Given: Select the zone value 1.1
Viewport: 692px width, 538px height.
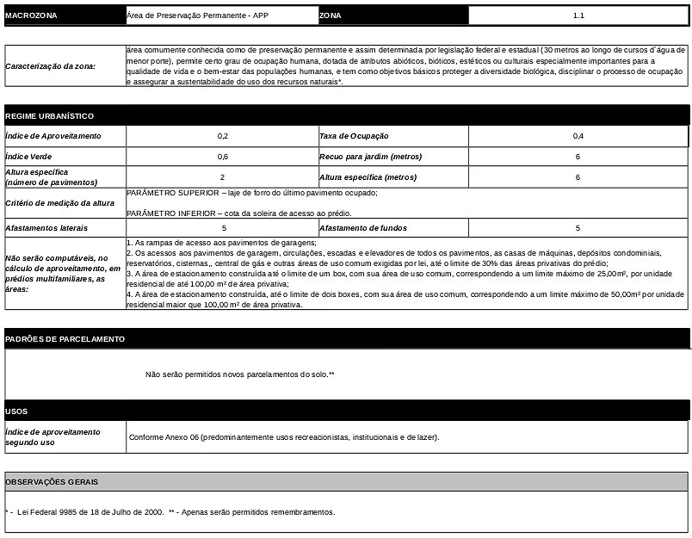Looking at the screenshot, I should (578, 15).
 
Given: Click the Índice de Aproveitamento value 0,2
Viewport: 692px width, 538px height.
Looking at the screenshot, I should (223, 136).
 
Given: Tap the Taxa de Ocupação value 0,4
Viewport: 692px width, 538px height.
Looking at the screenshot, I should (578, 136).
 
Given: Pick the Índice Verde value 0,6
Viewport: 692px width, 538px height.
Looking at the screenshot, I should (223, 157).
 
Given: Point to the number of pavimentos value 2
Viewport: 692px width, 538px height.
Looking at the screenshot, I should (223, 177).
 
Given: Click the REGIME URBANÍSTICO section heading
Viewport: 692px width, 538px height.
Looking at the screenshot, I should (50, 116).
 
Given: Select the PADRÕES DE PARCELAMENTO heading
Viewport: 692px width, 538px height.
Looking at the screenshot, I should (65, 339).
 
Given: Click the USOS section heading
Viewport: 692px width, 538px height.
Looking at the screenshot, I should (17, 411).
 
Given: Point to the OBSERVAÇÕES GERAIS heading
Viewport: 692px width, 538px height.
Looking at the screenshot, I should (53, 482).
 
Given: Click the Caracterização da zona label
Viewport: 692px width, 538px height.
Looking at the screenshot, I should (51, 66).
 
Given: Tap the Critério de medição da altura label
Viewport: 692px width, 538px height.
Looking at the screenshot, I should (59, 203).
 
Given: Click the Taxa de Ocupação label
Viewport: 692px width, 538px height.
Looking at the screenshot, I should (354, 136).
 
